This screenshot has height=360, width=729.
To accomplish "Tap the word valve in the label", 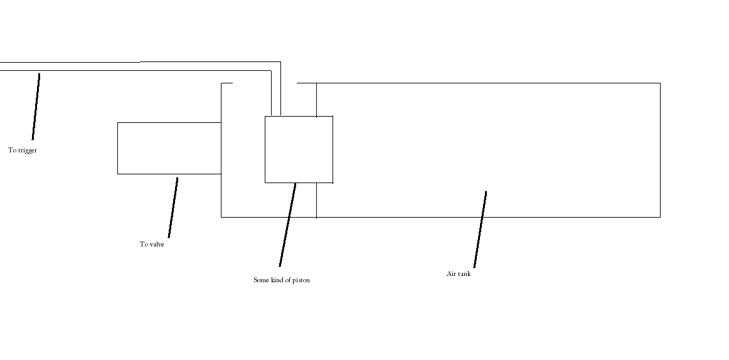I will (156, 245).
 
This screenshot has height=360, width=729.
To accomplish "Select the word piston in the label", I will (301, 280).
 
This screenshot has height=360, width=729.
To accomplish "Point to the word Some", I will (261, 280).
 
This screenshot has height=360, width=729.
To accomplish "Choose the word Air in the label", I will (451, 274).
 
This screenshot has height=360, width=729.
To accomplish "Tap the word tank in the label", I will (464, 274).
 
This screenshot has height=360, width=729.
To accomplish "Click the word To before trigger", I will (12, 151).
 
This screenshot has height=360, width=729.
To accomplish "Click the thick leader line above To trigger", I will (36, 107).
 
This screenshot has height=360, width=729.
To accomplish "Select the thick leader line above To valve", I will (173, 207).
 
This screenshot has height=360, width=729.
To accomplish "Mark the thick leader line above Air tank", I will (480, 229).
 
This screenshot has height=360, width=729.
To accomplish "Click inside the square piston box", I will (299, 149).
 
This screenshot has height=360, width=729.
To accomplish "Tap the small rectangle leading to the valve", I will (169, 148).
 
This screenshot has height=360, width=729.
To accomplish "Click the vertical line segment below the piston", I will (316, 200).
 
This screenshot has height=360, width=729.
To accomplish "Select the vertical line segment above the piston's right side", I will (316, 99).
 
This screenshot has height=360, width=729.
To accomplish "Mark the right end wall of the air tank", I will (660, 150).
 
